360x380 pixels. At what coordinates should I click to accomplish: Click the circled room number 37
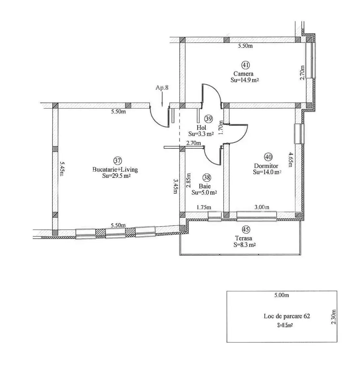coord(117,160)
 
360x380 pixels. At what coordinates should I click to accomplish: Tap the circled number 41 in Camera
coord(245,65)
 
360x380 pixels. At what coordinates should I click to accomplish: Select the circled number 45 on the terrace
coord(246,229)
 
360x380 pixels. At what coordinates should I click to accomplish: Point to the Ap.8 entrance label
coord(162,87)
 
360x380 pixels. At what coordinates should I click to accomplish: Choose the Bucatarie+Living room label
coord(115,169)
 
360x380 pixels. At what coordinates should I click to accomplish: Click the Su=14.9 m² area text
coord(245,80)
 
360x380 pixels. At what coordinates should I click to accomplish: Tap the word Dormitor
coord(266,166)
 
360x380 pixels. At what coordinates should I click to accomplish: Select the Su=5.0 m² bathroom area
coord(204,192)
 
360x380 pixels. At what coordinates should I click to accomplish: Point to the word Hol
coord(201,127)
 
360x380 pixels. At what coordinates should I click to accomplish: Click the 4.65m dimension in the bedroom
coord(290,159)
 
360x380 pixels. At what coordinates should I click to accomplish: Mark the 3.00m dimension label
coord(262,207)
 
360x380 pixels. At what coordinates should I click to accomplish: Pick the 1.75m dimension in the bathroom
coord(204,207)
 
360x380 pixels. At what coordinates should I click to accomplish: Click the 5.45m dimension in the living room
coord(62,169)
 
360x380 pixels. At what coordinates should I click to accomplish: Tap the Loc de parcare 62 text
coord(287,316)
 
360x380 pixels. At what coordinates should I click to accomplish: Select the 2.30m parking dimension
coord(334,317)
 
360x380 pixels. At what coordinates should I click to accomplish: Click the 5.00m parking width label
coord(282,295)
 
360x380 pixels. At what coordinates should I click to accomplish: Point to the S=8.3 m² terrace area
coord(245,245)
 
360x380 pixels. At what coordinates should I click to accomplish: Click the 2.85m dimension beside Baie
coord(189,180)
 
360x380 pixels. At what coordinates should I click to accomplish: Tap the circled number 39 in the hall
coord(209,119)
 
